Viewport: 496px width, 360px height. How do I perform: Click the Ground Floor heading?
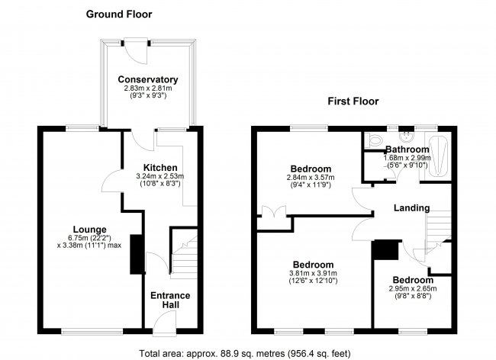(x=118, y=14)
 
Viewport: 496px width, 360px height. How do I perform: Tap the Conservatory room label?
(x=148, y=79)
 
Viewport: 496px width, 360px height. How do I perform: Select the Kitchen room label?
(x=161, y=168)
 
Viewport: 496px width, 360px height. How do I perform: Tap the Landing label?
(x=411, y=207)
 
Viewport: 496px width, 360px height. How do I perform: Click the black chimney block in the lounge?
(x=137, y=254)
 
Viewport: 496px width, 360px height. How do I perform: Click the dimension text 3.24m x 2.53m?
(x=161, y=176)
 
